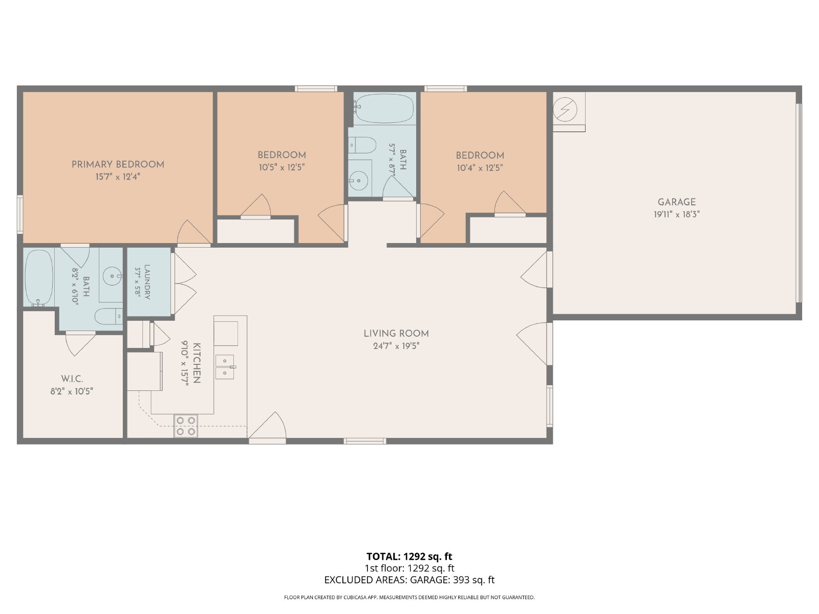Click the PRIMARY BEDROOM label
118,164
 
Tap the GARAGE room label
677,202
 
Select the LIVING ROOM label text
396,334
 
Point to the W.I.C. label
72,379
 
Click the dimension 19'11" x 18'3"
677,214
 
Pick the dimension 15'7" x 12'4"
118,177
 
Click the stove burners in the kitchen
186,426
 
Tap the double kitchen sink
225,367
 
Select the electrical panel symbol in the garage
565,110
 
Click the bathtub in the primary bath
39,278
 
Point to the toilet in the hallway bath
362,145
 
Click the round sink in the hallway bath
359,181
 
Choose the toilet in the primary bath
109,317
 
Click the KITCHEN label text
197,363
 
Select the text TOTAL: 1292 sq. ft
409,556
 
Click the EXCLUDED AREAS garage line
409,580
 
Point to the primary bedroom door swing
193,233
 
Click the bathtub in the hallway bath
384,108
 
